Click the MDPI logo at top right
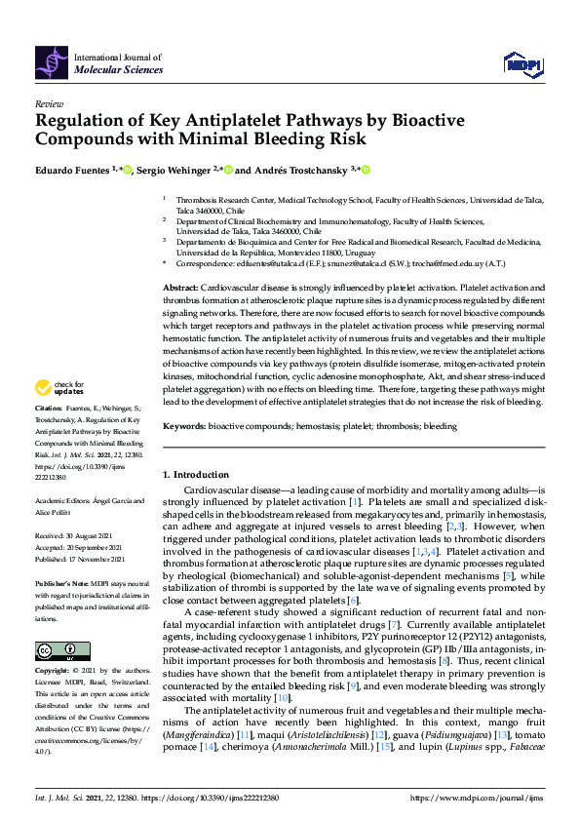(x=522, y=63)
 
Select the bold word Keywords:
(x=184, y=425)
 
